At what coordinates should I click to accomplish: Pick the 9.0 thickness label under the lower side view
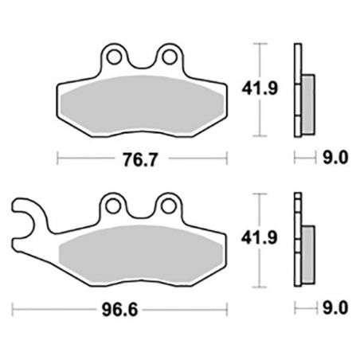click(x=334, y=306)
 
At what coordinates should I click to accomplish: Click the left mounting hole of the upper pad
click(x=116, y=57)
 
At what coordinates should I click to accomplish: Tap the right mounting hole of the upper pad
click(x=170, y=57)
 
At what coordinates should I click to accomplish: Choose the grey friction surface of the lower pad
click(x=143, y=255)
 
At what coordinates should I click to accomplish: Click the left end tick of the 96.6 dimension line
click(x=14, y=306)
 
